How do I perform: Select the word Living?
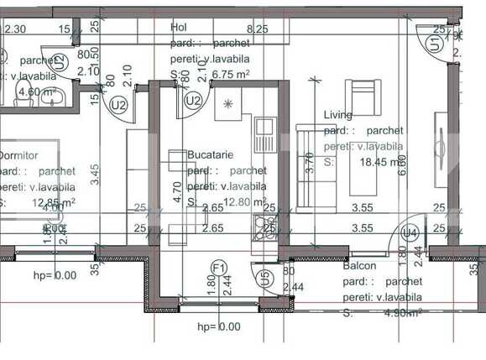point(338,115)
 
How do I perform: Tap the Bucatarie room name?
point(210,155)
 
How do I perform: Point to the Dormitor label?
point(17,155)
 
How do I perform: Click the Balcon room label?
point(359,267)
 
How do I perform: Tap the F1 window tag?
point(219,268)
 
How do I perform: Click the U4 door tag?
point(410,232)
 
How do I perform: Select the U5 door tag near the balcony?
point(265,275)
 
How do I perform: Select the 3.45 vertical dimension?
point(96,174)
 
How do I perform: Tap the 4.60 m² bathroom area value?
point(37,92)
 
